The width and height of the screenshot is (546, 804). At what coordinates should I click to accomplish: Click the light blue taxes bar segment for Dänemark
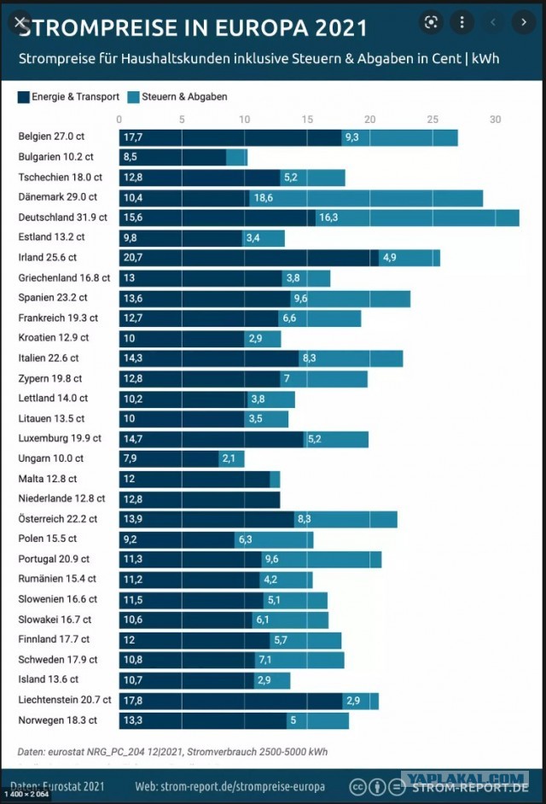pos(366,198)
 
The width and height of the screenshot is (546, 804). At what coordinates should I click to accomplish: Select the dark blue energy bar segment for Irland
pos(249,258)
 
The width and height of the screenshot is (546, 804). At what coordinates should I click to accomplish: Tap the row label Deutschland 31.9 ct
pos(62,218)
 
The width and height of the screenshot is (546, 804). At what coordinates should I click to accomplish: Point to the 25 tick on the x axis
pos(433,119)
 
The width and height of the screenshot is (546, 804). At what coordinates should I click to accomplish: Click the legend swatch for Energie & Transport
pos(24,97)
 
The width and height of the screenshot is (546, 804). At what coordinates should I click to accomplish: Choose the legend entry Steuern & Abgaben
pos(177,97)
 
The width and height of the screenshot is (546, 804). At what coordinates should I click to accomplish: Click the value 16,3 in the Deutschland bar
pos(328,218)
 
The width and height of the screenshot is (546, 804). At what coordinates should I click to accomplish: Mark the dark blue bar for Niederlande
pos(200,499)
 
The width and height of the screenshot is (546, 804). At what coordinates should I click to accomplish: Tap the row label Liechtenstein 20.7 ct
pos(65,700)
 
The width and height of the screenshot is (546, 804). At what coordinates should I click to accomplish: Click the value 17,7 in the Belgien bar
pos(133,137)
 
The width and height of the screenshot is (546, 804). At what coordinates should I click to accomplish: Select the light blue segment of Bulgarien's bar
pos(237,157)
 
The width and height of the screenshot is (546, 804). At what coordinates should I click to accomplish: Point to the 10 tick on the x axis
pos(245,119)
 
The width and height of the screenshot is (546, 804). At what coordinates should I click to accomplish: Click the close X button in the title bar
pos(20,22)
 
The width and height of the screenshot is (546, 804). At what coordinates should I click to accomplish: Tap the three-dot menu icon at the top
pos(462,22)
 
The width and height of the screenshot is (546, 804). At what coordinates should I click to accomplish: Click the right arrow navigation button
pos(524,22)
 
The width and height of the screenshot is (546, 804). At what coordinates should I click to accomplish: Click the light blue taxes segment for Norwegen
pos(318,720)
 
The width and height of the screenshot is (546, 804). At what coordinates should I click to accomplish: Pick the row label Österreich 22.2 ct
pos(57,519)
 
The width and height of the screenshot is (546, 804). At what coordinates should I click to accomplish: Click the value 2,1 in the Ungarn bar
pos(229,458)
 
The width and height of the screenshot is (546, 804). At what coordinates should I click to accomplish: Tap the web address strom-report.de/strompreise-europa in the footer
pos(229,786)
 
